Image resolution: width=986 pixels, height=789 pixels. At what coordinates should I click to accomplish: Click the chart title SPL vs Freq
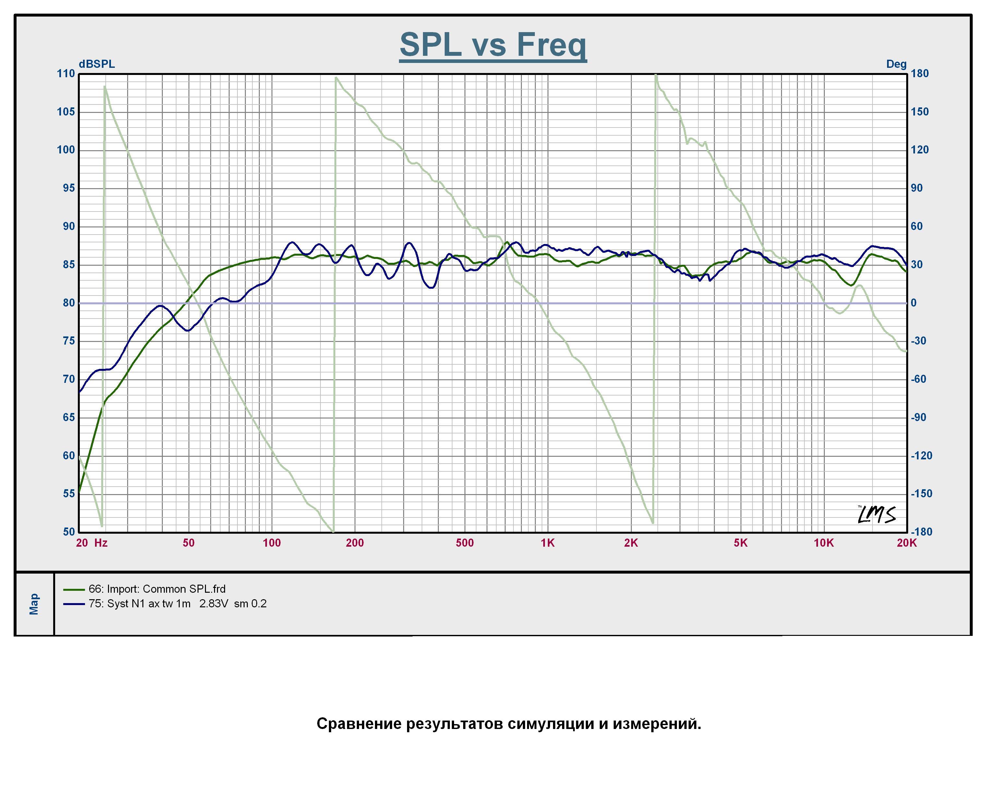click(x=493, y=45)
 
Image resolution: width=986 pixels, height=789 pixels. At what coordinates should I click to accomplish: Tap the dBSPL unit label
click(x=97, y=64)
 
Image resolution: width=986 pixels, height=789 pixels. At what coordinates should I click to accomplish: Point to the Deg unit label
click(x=896, y=64)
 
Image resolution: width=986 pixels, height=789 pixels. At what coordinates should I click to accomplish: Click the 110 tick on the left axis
click(x=66, y=74)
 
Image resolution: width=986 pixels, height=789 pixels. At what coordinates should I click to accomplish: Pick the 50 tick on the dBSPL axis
click(x=69, y=531)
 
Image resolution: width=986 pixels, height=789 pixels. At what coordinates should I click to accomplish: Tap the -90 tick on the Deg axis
click(x=918, y=417)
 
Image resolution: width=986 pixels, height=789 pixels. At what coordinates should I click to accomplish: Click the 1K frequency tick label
click(x=547, y=543)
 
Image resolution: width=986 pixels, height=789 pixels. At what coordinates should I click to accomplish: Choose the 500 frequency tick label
click(x=465, y=543)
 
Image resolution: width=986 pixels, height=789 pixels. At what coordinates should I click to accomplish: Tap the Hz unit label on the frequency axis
click(x=101, y=543)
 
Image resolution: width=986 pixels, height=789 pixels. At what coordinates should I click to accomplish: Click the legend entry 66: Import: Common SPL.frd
click(x=157, y=589)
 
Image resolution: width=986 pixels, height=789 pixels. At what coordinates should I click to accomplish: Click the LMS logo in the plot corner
click(x=876, y=515)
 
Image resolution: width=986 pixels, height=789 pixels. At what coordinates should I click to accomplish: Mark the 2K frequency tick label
click(x=631, y=543)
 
